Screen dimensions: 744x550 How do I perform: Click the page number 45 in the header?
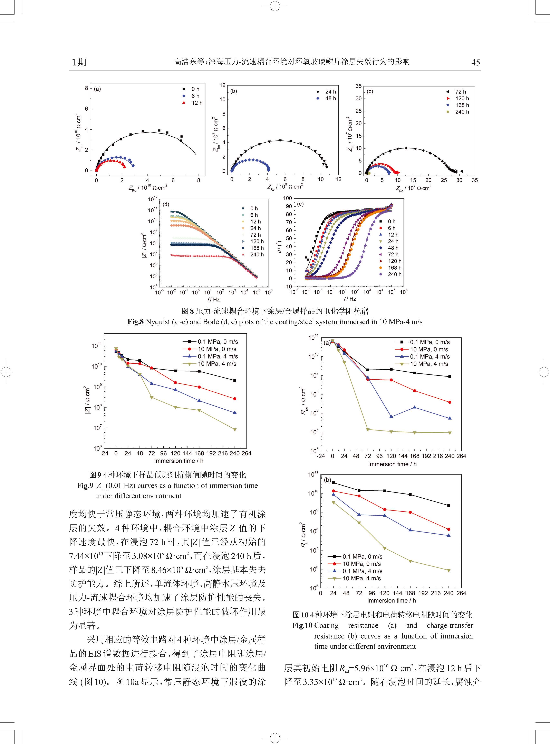pyautogui.click(x=476, y=62)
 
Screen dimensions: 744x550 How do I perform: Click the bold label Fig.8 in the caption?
pyautogui.click(x=135, y=322)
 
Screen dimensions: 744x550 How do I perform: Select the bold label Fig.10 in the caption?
pyautogui.click(x=302, y=625)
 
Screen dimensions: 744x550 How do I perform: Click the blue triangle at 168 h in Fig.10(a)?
pyautogui.click(x=415, y=407)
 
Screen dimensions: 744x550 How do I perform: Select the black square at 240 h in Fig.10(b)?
pyautogui.click(x=448, y=505)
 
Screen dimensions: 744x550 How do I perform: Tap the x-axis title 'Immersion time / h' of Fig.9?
pyautogui.click(x=178, y=461)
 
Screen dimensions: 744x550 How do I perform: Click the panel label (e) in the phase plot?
pyautogui.click(x=300, y=204)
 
